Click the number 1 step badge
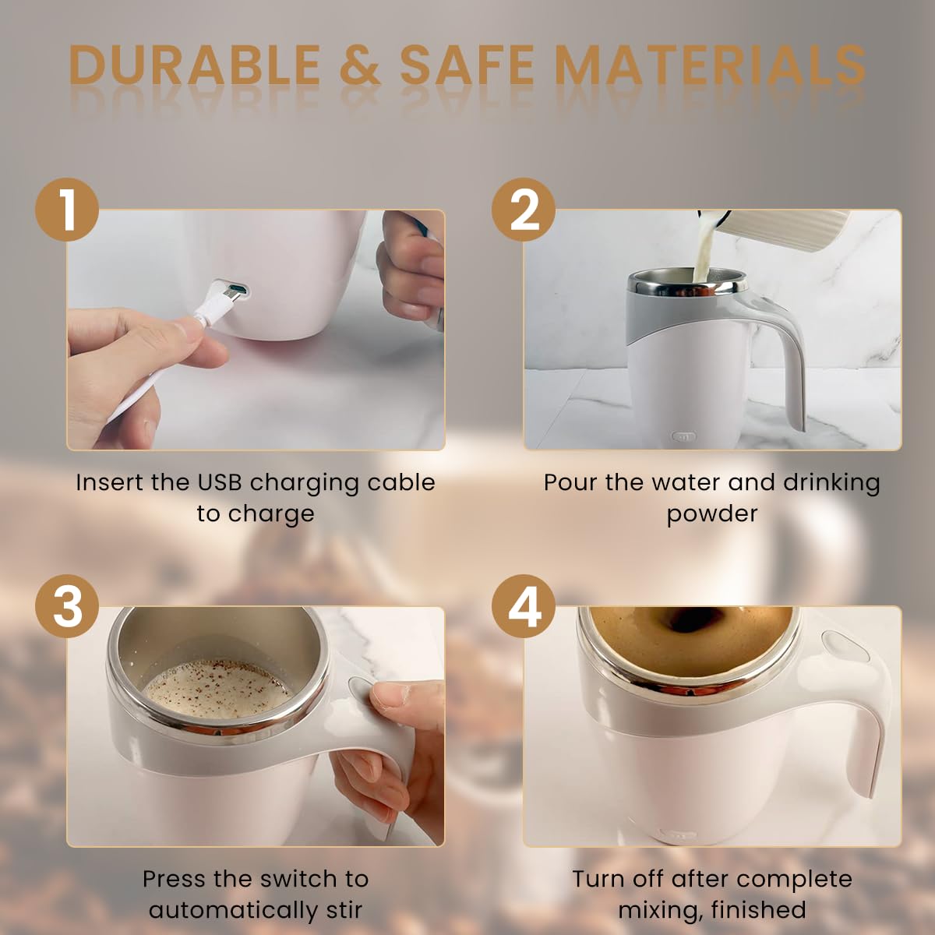(67, 210)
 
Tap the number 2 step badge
(524, 210)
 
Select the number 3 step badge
(67, 606)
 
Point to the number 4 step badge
(524, 606)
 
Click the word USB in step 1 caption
(220, 482)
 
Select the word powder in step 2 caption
(711, 513)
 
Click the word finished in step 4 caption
(758, 910)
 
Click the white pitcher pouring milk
(787, 234)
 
